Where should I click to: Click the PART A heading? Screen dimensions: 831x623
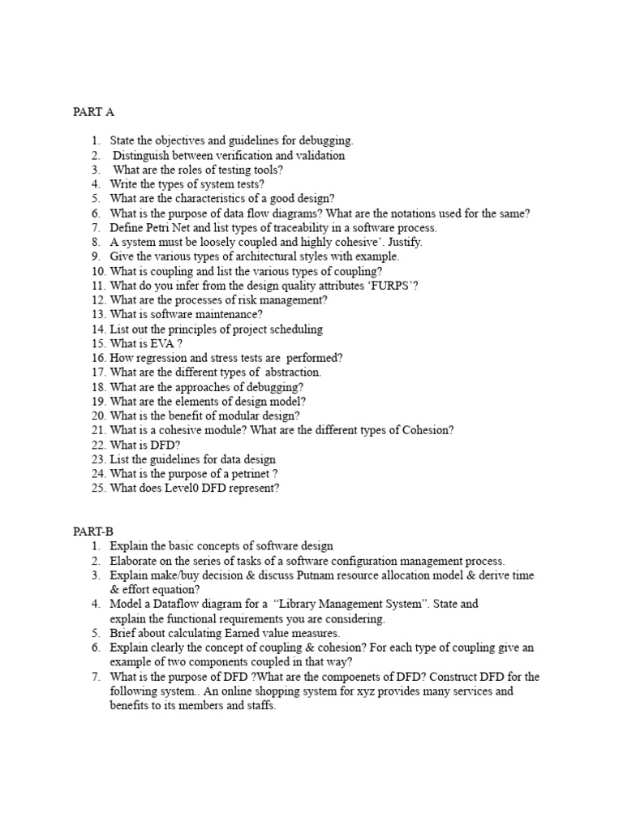94,112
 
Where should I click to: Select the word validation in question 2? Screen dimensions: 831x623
320,155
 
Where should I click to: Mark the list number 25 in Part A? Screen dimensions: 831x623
98,489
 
